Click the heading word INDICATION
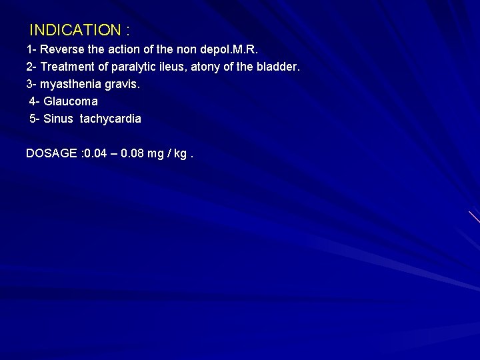[75, 30]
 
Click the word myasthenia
[73, 85]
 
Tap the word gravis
[124, 85]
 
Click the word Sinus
[59, 119]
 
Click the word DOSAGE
[51, 153]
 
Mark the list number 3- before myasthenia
[31, 85]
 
